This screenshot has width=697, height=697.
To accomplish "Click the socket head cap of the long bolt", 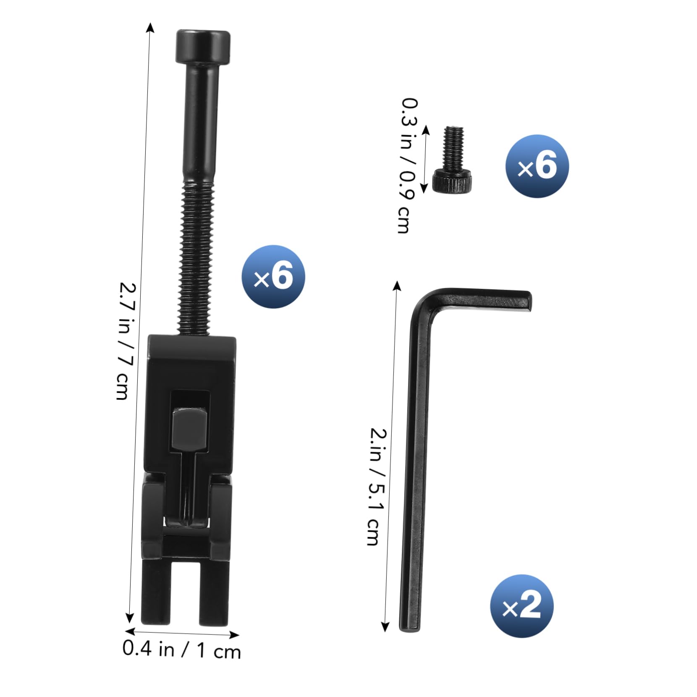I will point(203,47).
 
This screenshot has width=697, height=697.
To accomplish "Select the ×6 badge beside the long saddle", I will point(273,277).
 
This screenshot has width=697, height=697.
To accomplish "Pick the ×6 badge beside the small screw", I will point(537,166).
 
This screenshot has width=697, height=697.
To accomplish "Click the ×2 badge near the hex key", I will point(521,606).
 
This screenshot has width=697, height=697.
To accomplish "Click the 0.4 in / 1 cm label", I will point(182,650).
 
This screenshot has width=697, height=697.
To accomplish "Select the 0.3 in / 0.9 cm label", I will point(409,165).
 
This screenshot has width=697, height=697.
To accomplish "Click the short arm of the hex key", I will point(487,299).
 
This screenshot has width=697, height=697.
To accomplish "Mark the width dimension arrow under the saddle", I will point(182,633).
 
